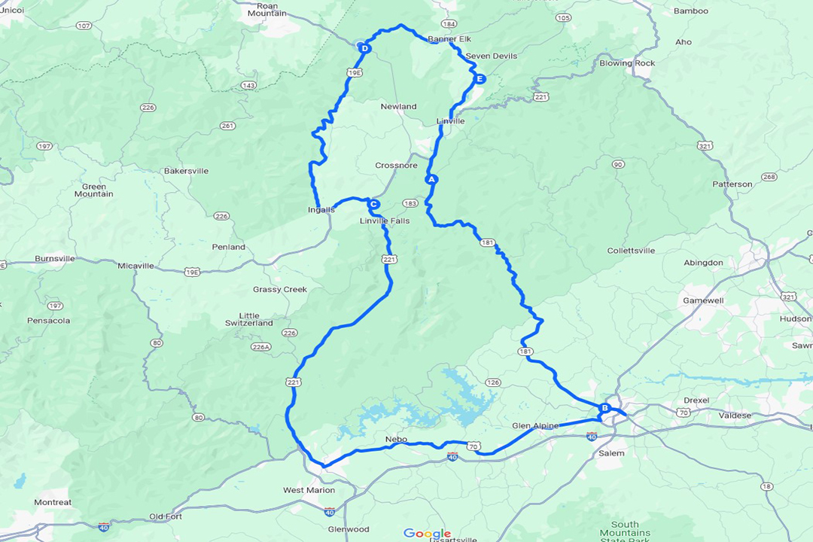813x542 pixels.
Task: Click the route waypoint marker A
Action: tap(431, 180)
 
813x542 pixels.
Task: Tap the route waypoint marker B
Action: tap(604, 408)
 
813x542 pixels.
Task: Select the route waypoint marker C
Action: tap(373, 203)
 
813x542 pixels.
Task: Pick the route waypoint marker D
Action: tap(364, 49)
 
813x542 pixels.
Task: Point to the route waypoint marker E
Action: tap(480, 79)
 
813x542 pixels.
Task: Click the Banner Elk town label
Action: tap(449, 39)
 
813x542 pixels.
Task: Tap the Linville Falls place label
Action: tap(385, 221)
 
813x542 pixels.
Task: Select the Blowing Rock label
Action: tap(627, 63)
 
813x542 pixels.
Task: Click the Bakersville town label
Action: tap(186, 171)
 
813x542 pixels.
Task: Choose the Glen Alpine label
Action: tap(535, 425)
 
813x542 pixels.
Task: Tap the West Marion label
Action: tap(309, 490)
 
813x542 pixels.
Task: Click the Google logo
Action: tap(427, 533)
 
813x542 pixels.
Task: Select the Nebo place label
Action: tap(395, 438)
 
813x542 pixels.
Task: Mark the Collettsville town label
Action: tap(631, 251)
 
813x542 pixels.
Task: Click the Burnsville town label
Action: tap(55, 258)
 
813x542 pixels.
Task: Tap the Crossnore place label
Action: tap(396, 166)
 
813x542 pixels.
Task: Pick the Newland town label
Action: tap(398, 107)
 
